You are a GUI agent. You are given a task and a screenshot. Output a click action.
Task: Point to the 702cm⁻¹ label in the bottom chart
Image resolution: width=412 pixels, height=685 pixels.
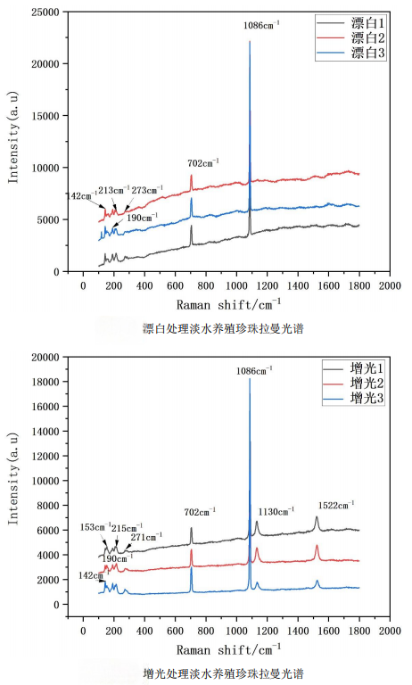coord(203,512)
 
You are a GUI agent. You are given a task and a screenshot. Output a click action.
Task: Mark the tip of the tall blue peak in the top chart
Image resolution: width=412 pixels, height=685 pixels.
coord(250,41)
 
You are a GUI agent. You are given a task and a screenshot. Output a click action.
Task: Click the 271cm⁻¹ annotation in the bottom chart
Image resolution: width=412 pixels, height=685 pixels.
coord(146,537)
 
